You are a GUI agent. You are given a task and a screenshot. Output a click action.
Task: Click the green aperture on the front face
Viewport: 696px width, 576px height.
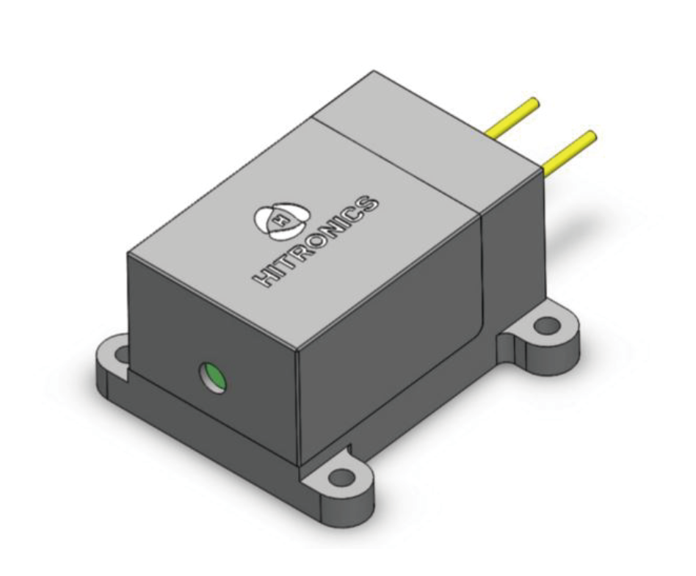(214, 378)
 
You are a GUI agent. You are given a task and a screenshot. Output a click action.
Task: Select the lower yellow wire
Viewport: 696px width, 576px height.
(568, 152)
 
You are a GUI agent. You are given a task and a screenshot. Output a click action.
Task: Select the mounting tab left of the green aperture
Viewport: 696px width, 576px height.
(114, 360)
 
